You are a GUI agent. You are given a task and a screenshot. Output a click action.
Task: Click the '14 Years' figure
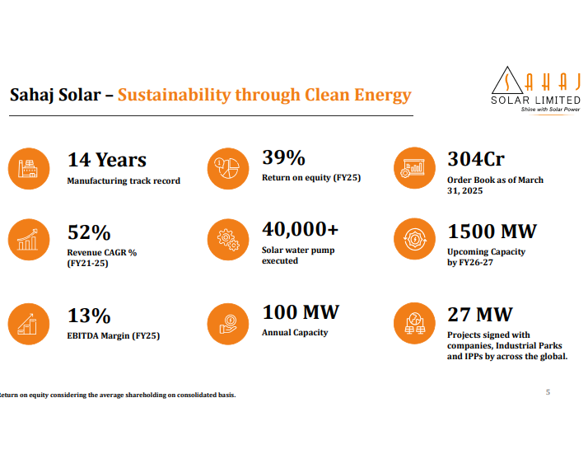coord(107,160)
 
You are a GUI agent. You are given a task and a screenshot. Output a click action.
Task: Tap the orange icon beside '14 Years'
coord(29,167)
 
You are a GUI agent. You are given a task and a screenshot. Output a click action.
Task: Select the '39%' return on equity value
coord(283,157)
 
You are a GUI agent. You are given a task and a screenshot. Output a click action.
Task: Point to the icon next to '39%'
coord(226,167)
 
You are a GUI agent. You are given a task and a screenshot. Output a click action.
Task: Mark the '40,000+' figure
coord(300,230)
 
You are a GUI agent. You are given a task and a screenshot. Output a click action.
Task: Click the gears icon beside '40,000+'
coord(226,239)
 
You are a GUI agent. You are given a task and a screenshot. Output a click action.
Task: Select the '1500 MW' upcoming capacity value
coord(492,232)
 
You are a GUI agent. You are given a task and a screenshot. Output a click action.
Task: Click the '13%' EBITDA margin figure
coord(89,316)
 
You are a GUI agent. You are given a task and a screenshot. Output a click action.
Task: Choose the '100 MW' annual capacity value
coord(301,313)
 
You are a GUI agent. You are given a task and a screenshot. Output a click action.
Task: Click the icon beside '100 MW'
coord(226,323)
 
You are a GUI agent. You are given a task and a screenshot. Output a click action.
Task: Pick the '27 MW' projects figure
coord(479,315)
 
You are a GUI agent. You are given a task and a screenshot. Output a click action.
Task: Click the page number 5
coord(548,392)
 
